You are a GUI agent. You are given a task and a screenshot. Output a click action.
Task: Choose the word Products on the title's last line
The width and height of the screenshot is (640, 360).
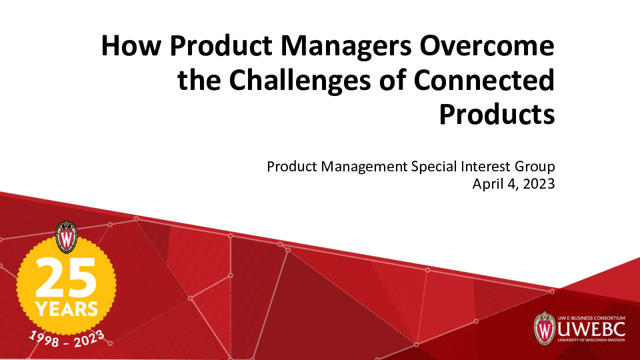coord(497,114)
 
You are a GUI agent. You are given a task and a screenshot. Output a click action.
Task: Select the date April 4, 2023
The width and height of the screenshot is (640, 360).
coord(513,185)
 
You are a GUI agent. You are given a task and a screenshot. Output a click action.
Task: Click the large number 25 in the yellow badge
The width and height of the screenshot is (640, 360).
coord(66,277)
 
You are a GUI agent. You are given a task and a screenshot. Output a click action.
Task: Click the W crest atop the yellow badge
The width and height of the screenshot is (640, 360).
coord(67,237)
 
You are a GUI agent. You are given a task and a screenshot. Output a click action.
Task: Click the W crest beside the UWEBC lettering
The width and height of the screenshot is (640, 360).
coord(545,328)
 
